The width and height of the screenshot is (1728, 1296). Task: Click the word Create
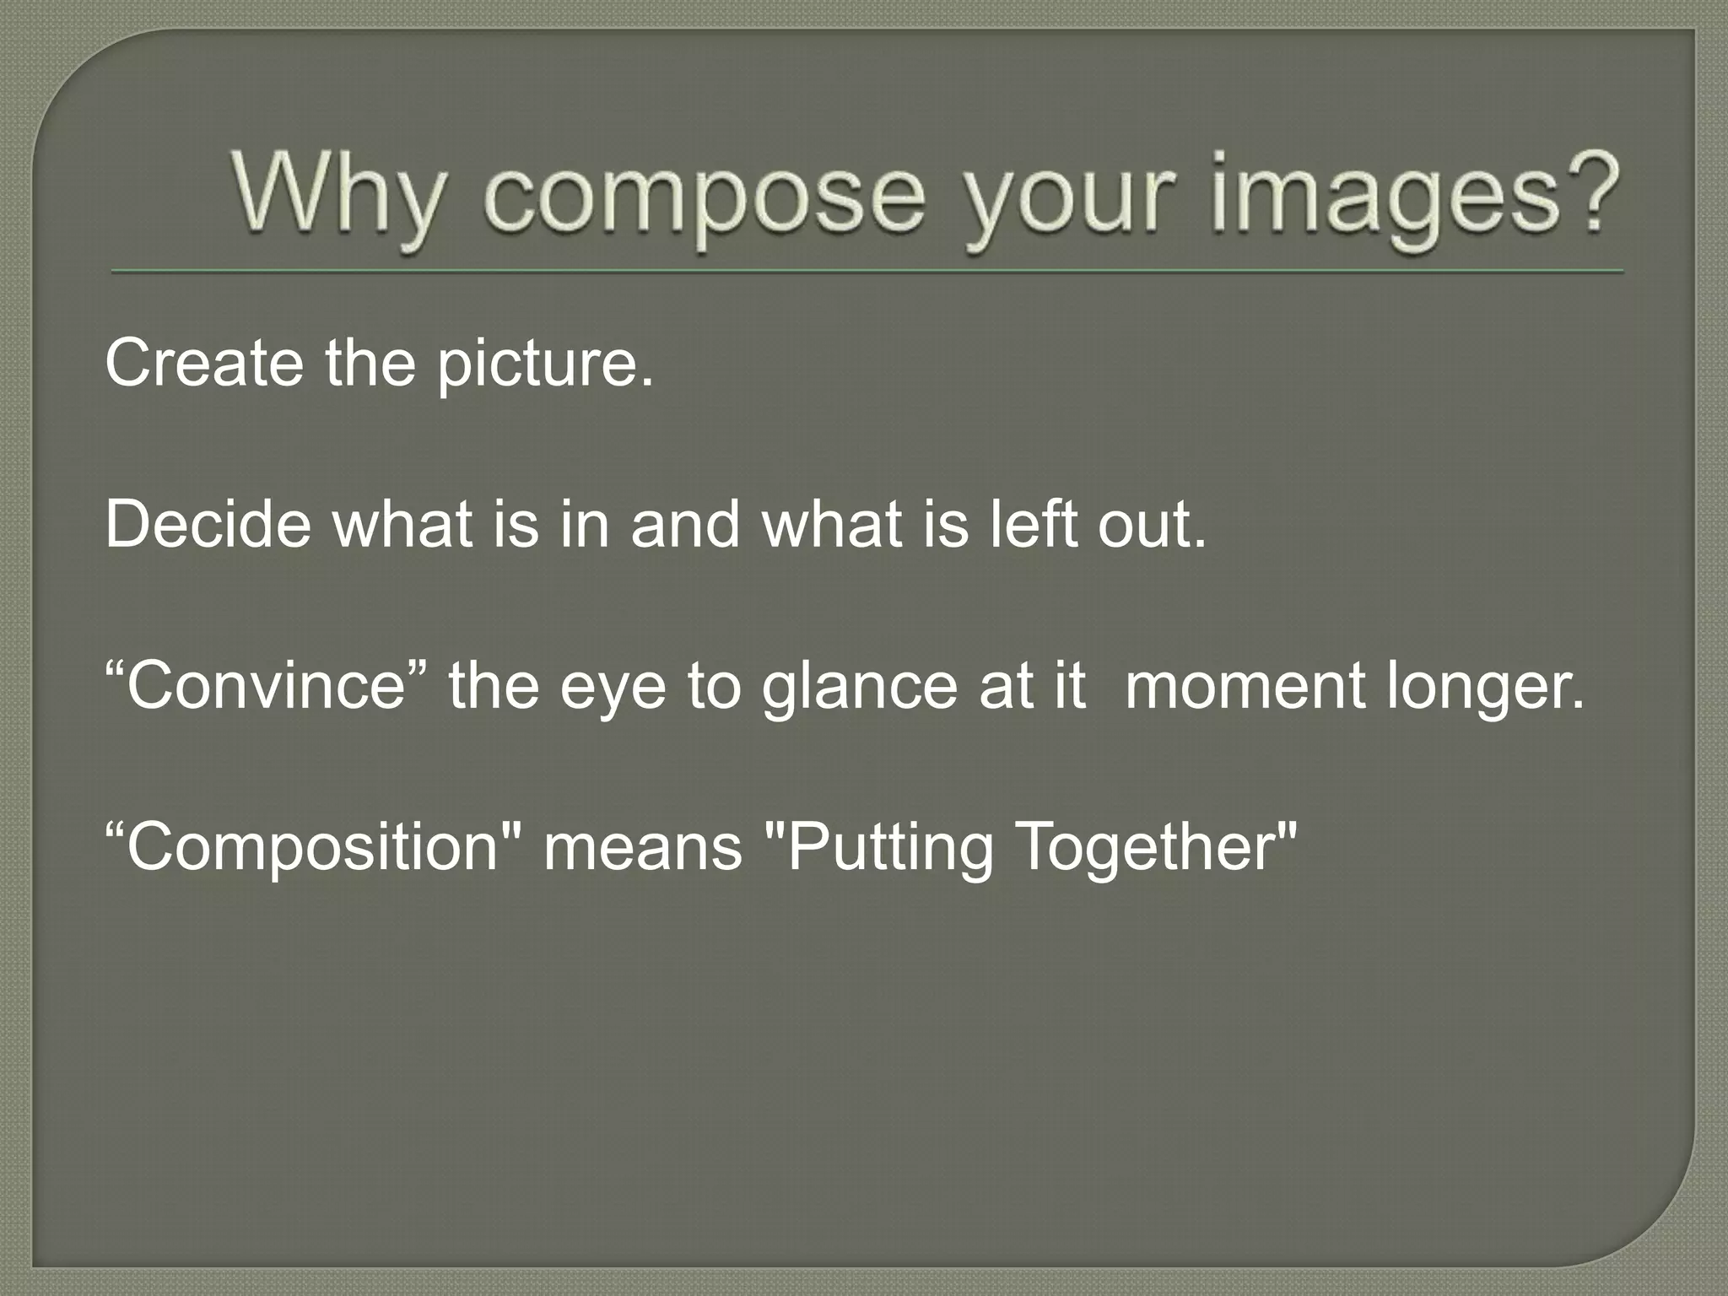point(203,363)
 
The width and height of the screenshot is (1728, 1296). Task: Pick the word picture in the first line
point(544,364)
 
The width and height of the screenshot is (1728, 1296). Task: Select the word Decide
point(208,524)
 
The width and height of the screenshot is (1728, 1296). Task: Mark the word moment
point(1245,685)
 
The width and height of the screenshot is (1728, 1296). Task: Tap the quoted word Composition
point(312,847)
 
